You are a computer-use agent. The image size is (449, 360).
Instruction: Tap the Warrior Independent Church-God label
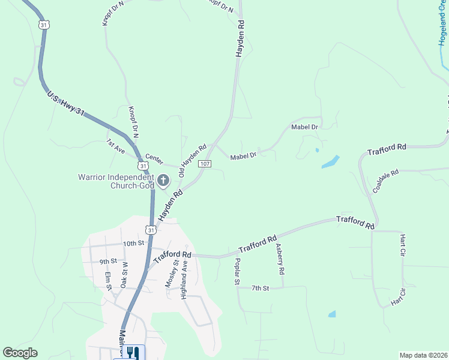[116, 181]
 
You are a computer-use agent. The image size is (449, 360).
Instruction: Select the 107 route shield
[205, 164]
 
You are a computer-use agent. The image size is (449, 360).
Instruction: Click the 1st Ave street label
[115, 146]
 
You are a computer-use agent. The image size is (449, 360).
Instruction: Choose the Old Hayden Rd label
[192, 160]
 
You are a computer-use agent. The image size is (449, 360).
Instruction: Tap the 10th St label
[134, 244]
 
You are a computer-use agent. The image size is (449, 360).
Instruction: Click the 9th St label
[107, 262]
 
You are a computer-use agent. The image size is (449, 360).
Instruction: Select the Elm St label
[109, 280]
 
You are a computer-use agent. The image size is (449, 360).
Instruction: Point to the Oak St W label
[125, 275]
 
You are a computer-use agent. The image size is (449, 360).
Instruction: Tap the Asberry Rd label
[279, 259]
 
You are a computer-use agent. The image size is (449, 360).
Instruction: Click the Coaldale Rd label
[385, 181]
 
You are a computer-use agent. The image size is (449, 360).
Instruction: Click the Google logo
[19, 353]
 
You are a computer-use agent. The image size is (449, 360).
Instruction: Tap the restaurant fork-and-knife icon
[133, 353]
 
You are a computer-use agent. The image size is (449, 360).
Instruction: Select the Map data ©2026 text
[423, 355]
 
